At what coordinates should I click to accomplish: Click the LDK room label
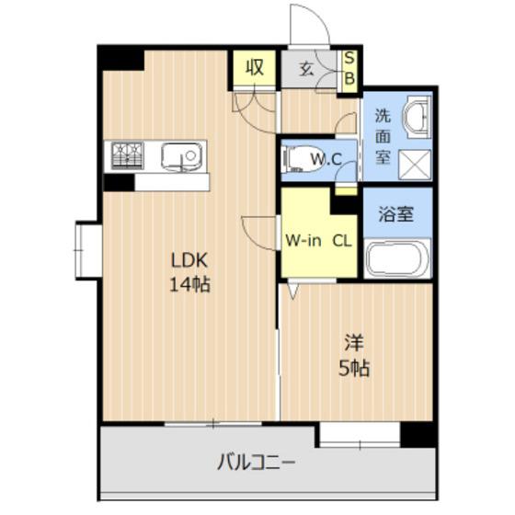189,260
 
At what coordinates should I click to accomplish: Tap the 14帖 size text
189,284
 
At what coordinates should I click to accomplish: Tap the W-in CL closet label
317,242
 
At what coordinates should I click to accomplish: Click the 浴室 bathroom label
396,216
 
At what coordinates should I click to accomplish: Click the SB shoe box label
349,69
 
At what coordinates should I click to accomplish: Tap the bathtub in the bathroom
396,257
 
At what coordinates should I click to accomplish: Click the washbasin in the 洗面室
418,114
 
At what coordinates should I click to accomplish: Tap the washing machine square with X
417,164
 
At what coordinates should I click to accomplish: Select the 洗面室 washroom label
382,135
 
